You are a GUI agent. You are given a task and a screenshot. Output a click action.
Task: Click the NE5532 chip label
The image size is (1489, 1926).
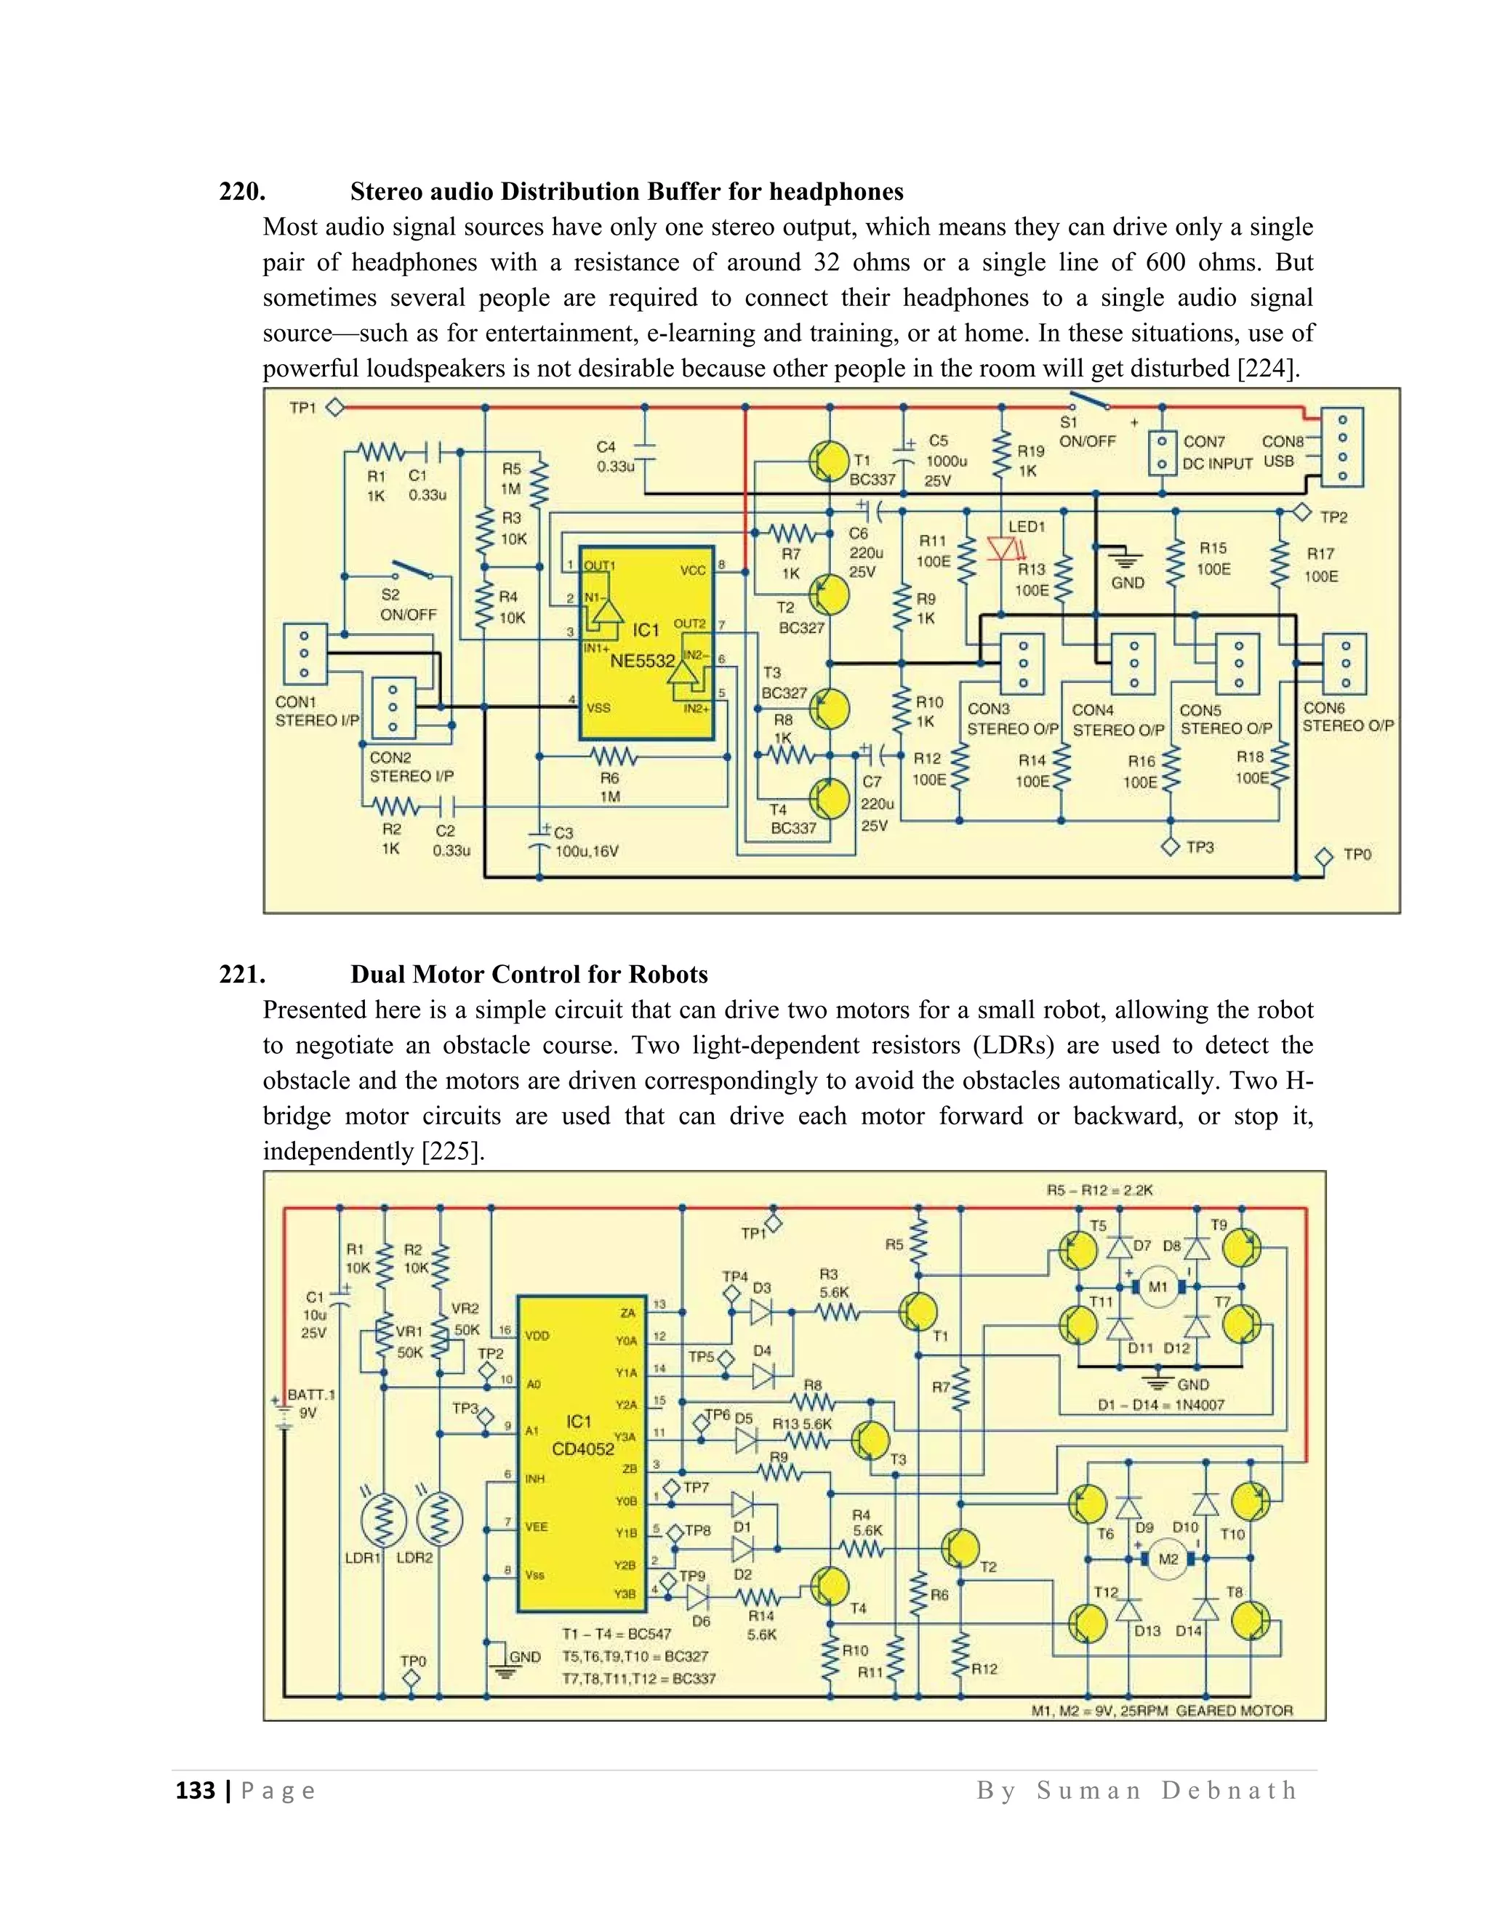641,661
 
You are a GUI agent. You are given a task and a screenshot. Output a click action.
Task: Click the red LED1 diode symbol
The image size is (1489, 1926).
1002,549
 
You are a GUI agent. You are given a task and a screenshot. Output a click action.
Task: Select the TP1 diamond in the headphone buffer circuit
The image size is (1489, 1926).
335,408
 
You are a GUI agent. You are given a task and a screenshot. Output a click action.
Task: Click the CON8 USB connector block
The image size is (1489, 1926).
1341,447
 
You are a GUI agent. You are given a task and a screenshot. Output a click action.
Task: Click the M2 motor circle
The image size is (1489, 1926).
1168,1559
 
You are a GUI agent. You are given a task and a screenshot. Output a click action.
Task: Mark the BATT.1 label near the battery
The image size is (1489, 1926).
311,1395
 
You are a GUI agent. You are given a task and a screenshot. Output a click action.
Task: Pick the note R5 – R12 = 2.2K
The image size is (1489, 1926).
1100,1190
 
